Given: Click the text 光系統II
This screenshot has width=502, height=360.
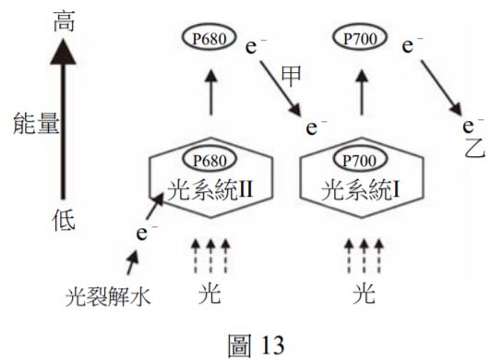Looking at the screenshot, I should click(209, 191).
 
